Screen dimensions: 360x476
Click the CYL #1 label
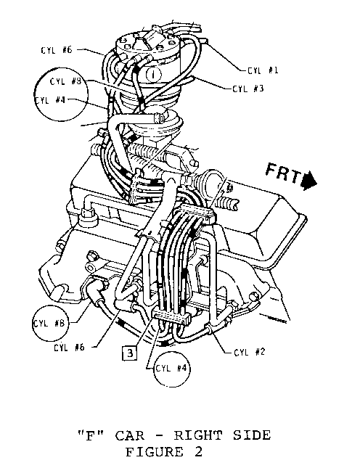click(263, 70)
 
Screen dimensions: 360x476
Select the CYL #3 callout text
click(248, 89)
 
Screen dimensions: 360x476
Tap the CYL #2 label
click(250, 352)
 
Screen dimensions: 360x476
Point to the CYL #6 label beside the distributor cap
click(57, 50)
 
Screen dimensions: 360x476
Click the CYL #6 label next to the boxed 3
click(69, 348)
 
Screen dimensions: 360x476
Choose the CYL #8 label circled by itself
click(49, 324)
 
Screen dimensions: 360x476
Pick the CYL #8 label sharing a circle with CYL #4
click(66, 81)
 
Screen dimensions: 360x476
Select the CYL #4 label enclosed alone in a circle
click(171, 369)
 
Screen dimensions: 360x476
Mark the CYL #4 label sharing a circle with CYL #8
click(50, 100)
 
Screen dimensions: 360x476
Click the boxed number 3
click(130, 353)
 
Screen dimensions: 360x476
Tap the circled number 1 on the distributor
click(154, 74)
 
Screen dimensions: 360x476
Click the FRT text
click(284, 173)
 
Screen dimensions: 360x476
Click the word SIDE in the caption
click(252, 436)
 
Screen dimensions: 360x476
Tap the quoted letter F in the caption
click(91, 436)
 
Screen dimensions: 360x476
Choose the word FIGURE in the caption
click(155, 452)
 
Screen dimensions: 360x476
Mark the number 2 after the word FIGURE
click(198, 452)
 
